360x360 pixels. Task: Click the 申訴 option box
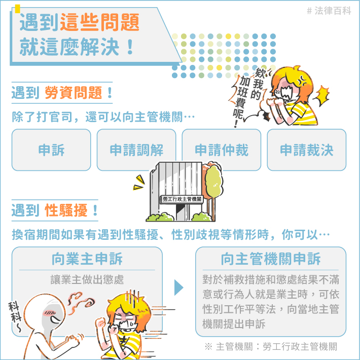point(51,150)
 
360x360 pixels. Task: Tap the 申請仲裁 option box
point(222,150)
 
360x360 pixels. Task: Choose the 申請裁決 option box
point(306,150)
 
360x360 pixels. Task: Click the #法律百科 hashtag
point(329,11)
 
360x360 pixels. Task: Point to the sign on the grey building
point(182,199)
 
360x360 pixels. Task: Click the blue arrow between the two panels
point(178,287)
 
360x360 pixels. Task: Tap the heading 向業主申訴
point(87,259)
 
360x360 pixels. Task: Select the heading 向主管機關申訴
point(270,259)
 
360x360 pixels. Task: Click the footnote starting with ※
point(271,346)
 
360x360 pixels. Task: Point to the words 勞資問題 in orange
point(73,93)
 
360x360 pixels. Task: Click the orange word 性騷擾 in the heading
point(66,210)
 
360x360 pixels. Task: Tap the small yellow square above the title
point(17,9)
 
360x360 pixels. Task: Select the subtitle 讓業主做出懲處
point(87,280)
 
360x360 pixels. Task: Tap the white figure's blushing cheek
point(49,312)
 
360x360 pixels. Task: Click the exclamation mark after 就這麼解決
point(130,47)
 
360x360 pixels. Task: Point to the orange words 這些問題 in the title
point(100,22)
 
